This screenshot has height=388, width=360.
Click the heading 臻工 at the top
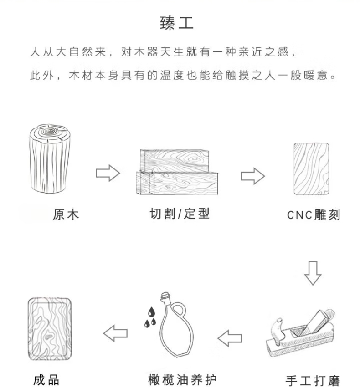click(x=176, y=23)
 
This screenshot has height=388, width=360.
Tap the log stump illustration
click(x=50, y=159)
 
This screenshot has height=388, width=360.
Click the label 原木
click(x=66, y=214)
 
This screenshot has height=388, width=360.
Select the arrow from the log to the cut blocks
click(x=108, y=173)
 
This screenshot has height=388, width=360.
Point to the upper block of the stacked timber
click(x=175, y=161)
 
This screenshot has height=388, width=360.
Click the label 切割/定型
click(x=180, y=214)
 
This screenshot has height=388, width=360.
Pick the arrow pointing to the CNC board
click(x=252, y=176)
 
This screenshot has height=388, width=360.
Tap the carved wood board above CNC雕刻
click(x=312, y=168)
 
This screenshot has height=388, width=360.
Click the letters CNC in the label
click(x=299, y=215)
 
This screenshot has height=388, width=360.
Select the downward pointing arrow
click(x=313, y=273)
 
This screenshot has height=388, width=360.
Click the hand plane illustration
click(x=301, y=333)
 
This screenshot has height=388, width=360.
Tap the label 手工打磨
click(x=313, y=381)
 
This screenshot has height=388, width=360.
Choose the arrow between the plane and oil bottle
click(x=230, y=338)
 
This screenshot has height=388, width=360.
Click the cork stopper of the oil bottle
click(x=165, y=296)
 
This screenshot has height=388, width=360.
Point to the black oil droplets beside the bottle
click(x=150, y=317)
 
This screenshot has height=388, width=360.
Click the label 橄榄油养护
click(x=182, y=380)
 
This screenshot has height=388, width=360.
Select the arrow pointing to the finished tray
click(x=115, y=333)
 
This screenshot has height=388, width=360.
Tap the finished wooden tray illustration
click(x=50, y=329)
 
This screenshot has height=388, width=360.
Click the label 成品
click(x=46, y=380)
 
